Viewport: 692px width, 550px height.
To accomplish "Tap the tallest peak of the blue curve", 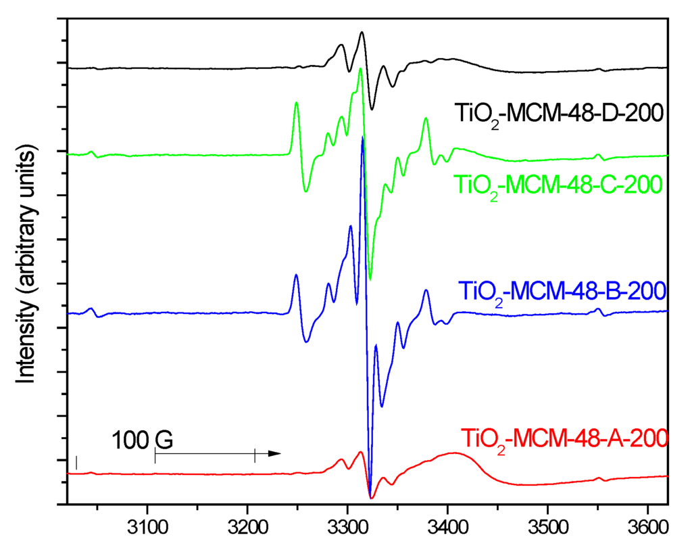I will tap(363, 137).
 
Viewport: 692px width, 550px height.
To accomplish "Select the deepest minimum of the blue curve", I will tap(370, 496).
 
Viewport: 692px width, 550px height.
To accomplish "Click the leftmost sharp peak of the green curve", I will tap(296, 103).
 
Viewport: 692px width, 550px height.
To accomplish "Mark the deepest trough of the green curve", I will tap(370, 279).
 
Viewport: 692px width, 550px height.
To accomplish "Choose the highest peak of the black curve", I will tap(362, 32).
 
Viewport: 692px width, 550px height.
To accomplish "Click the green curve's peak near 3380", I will tap(426, 118).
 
